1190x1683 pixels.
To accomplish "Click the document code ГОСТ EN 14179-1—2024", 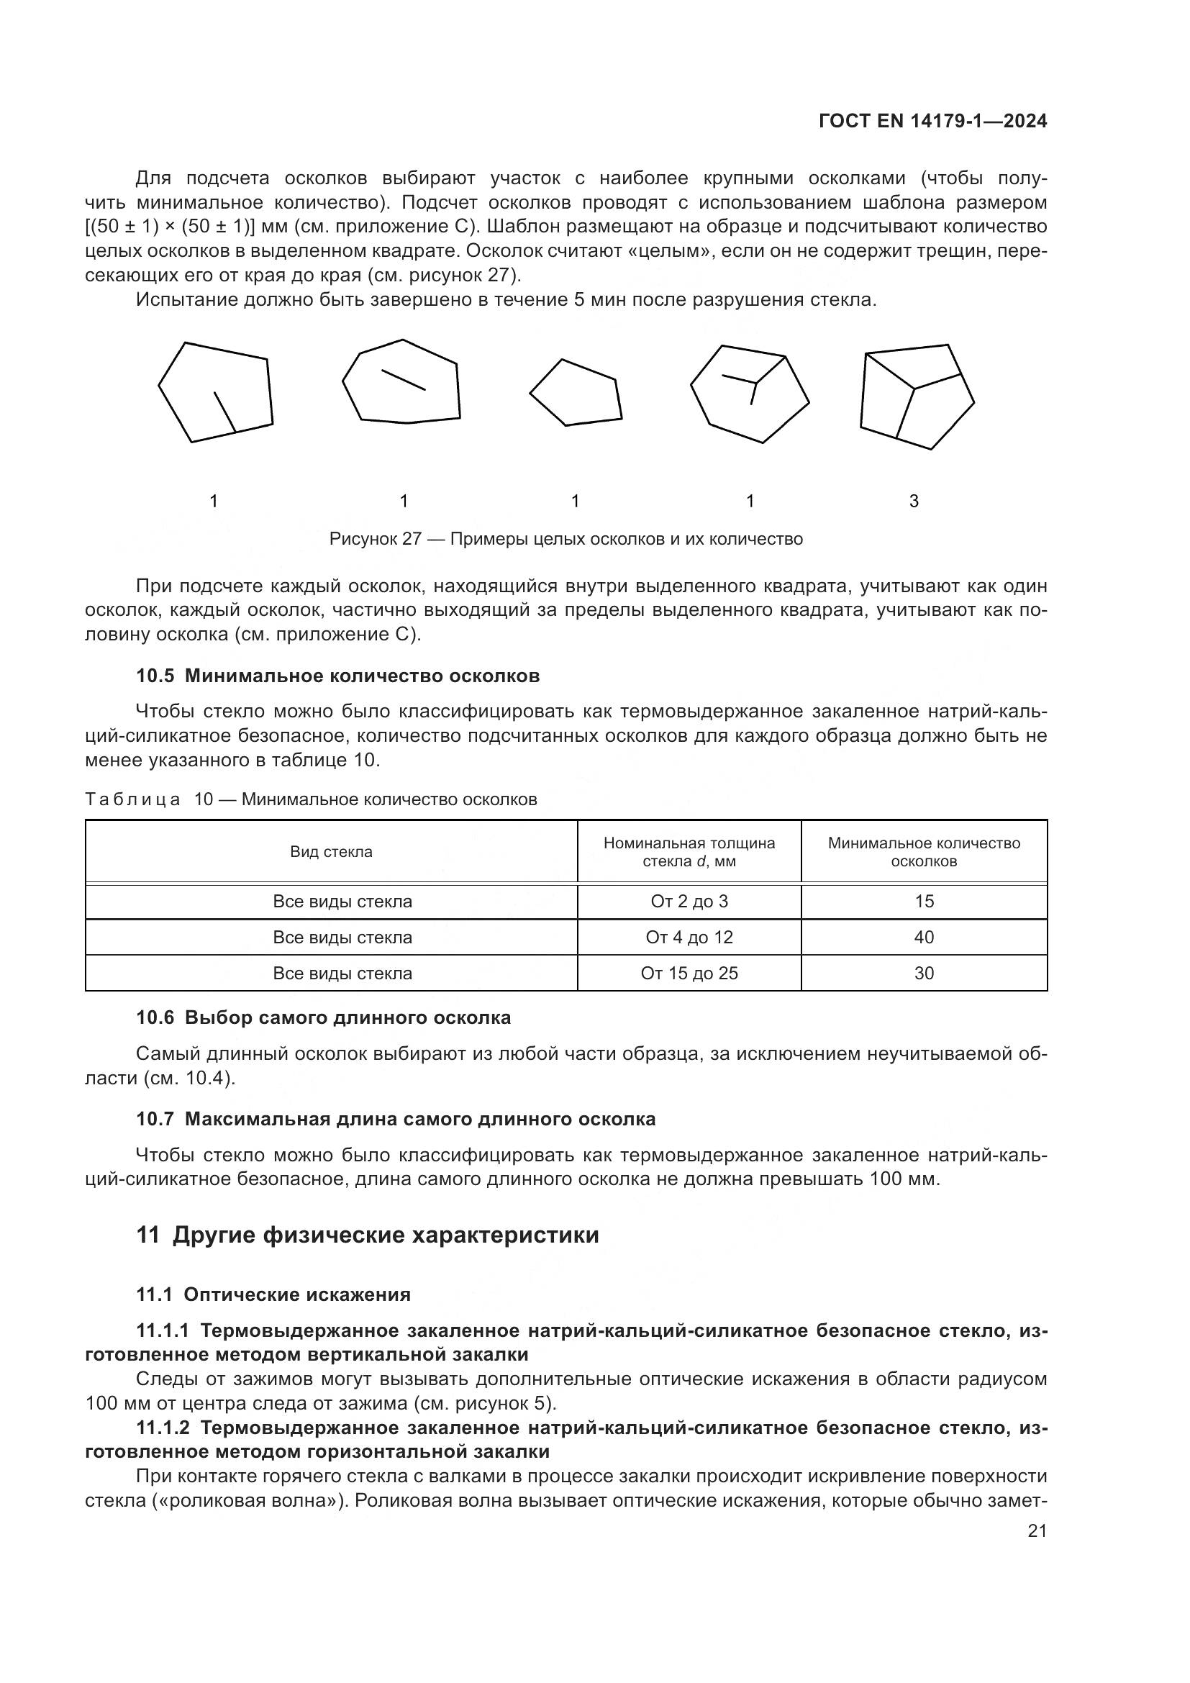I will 932,122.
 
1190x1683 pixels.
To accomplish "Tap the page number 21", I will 1037,1530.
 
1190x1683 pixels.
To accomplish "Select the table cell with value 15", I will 923,902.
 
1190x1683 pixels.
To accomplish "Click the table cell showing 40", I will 923,938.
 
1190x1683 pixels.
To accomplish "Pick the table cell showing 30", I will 923,974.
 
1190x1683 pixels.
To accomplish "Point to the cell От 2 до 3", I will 689,902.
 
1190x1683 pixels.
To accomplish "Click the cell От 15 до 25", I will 689,974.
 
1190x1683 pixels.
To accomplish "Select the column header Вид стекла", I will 331,852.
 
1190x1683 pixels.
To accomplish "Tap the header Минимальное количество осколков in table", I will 923,852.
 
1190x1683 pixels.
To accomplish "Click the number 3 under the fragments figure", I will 914,502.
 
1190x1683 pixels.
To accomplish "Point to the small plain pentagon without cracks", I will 577,393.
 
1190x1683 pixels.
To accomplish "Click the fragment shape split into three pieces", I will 916,396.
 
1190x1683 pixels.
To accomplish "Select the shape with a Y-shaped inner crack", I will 749,394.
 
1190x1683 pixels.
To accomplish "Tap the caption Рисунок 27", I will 566,540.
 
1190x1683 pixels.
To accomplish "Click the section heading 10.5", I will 338,676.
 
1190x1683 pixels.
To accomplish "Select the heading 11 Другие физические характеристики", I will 367,1235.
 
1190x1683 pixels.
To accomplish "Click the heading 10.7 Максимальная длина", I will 396,1120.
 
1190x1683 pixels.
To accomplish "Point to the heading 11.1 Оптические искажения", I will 273,1294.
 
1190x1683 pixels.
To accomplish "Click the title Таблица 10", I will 311,799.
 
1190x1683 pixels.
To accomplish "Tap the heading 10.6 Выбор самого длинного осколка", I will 323,1018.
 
